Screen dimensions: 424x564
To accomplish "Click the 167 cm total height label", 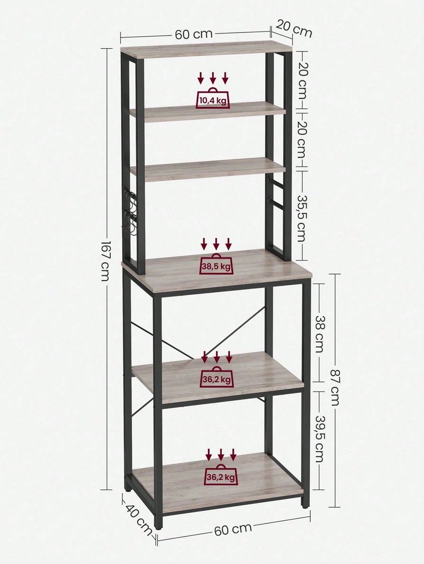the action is pyautogui.click(x=105, y=261).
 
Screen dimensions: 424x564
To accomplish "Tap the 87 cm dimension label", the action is pyautogui.click(x=334, y=387).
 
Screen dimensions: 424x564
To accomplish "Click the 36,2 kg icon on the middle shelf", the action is pyautogui.click(x=217, y=376).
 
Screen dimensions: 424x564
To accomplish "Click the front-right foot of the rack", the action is pyautogui.click(x=304, y=511).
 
